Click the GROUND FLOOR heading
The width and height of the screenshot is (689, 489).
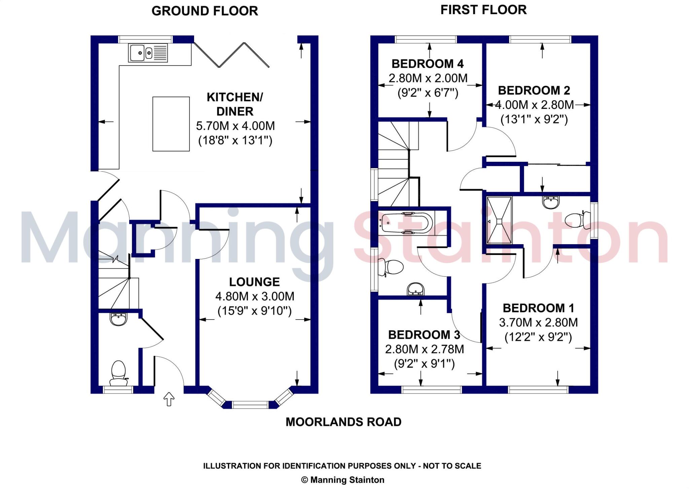click(x=205, y=11)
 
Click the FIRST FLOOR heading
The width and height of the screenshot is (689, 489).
click(x=483, y=10)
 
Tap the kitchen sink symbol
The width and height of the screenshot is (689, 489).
click(x=148, y=53)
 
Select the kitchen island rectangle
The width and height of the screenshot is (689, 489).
click(x=171, y=124)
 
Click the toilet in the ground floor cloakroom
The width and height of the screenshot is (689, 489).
click(x=118, y=373)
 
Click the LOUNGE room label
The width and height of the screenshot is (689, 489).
click(x=254, y=282)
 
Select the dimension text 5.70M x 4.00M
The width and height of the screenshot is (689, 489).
click(x=235, y=126)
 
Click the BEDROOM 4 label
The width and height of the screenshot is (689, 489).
click(x=427, y=64)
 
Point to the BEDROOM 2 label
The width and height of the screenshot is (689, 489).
click(x=534, y=90)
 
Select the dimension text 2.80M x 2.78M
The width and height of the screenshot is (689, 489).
click(x=424, y=349)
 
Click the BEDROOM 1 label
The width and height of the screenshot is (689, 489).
click(x=538, y=308)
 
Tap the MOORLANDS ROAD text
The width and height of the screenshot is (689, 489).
click(x=343, y=422)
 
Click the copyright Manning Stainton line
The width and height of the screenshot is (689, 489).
click(x=342, y=480)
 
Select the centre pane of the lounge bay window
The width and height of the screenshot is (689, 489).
click(x=250, y=405)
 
